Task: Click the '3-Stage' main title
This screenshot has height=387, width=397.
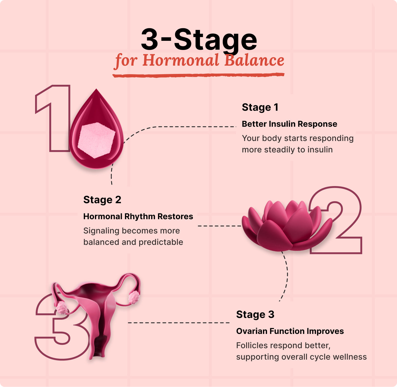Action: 199,40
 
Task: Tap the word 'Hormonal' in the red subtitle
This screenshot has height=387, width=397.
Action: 181,60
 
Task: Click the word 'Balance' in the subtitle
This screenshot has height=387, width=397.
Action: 254,60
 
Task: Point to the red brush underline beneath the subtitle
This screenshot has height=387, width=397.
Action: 198,75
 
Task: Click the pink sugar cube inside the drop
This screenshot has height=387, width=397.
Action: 96,140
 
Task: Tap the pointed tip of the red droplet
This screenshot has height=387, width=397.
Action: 96,89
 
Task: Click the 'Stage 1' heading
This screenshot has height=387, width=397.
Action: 260,107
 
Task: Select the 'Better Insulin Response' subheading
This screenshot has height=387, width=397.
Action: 289,124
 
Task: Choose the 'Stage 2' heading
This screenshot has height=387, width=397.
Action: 102,199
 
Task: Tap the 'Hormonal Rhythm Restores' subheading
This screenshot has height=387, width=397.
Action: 138,216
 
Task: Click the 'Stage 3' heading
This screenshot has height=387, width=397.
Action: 255,314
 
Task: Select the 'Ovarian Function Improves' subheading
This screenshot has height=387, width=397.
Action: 290,331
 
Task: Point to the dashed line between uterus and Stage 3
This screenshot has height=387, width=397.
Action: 179,323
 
